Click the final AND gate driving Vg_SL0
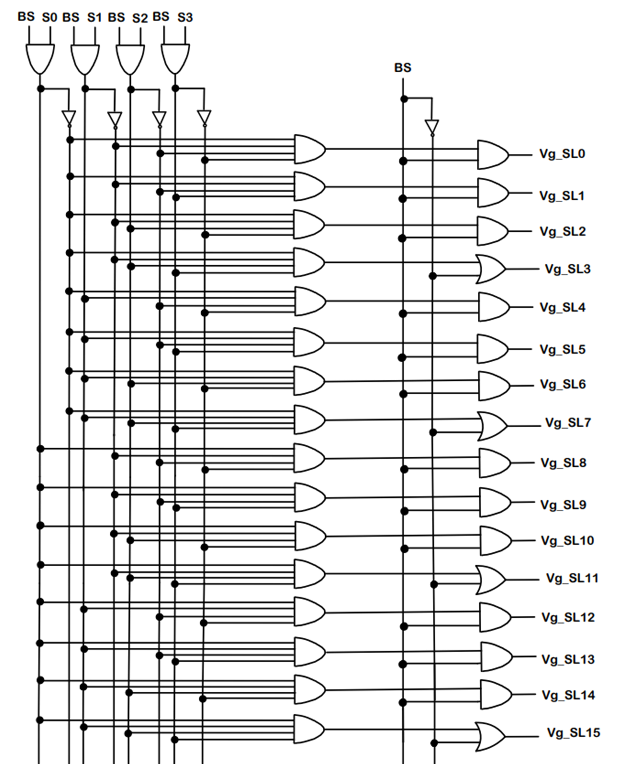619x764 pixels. (493, 155)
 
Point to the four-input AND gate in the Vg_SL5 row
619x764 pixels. (309, 342)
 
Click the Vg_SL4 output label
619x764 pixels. (562, 307)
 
